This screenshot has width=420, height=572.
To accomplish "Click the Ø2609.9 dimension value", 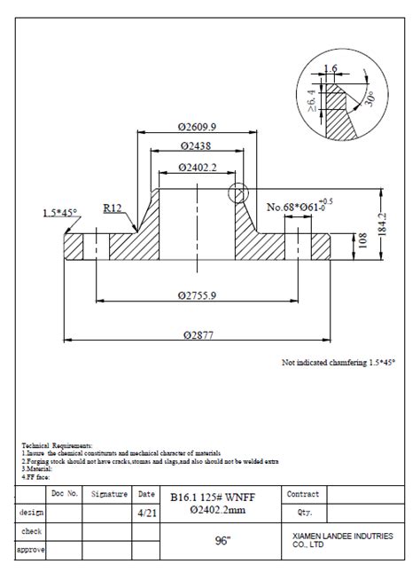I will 198,127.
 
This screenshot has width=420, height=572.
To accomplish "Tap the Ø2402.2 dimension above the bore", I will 197,167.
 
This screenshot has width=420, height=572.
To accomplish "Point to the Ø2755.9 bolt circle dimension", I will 197,294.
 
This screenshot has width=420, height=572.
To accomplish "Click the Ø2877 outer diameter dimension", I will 198,334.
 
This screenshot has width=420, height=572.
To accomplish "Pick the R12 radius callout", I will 113,208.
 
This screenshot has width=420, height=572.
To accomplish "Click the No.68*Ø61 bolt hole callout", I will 300,208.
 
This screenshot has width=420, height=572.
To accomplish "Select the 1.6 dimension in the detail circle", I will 331,68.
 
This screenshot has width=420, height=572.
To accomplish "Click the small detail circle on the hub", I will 237,192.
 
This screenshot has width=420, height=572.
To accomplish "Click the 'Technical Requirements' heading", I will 57,444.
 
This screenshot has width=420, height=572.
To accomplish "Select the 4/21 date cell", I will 145,513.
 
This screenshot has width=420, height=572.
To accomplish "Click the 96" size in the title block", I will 222,540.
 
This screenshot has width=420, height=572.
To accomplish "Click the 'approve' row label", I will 31,550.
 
